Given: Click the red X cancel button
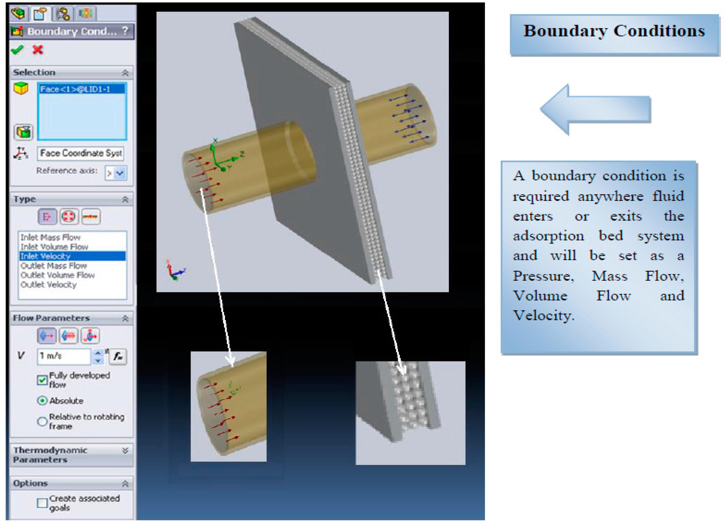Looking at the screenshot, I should [x=38, y=50].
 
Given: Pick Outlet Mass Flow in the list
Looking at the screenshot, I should [x=54, y=266].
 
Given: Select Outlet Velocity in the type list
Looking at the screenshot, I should [x=49, y=285].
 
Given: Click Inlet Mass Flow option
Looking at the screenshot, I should [x=51, y=237].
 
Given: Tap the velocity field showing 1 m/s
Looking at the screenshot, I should [x=64, y=356].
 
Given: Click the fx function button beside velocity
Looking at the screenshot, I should [x=118, y=356].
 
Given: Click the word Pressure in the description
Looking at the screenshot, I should [x=543, y=276].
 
